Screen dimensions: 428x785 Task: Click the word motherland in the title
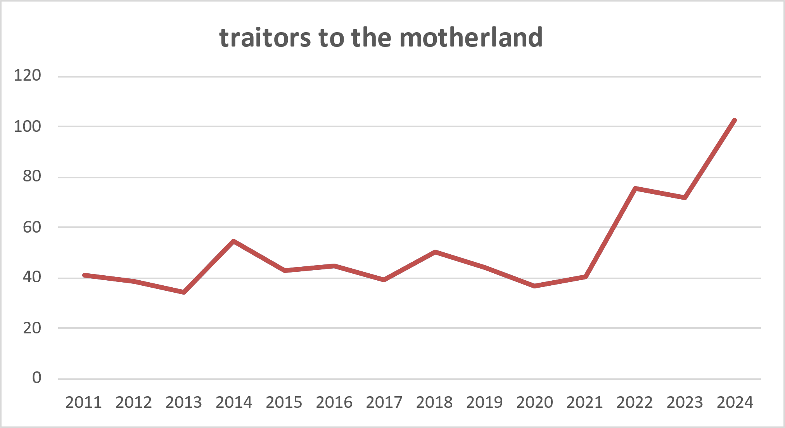pyautogui.click(x=471, y=38)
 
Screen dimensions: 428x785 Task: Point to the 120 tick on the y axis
pyautogui.click(x=28, y=75)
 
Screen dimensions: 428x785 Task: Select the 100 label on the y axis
pyautogui.click(x=28, y=126)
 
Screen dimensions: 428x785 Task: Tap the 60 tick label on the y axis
pyautogui.click(x=32, y=227)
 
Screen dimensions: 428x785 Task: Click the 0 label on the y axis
pyautogui.click(x=36, y=378)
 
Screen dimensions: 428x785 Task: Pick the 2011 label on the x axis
pyautogui.click(x=84, y=402)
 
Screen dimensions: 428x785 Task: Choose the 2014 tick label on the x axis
pyautogui.click(x=234, y=402)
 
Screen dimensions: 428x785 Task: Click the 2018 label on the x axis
pyautogui.click(x=434, y=402)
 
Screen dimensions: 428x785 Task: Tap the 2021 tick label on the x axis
pyautogui.click(x=584, y=402)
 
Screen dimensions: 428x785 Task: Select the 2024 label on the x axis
pyautogui.click(x=735, y=402)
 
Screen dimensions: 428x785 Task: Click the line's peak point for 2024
pyautogui.click(x=735, y=120)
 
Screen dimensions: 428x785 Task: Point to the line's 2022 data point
pyautogui.click(x=635, y=188)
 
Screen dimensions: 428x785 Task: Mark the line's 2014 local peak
pyautogui.click(x=234, y=241)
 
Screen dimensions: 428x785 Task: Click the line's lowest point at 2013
pyautogui.click(x=184, y=292)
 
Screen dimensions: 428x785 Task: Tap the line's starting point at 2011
pyautogui.click(x=84, y=275)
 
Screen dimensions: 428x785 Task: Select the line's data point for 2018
pyautogui.click(x=435, y=252)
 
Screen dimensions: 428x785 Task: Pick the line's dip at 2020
pyautogui.click(x=535, y=286)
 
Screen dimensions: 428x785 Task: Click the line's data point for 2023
pyautogui.click(x=685, y=198)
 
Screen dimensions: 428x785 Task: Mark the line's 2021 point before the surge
pyautogui.click(x=585, y=277)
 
